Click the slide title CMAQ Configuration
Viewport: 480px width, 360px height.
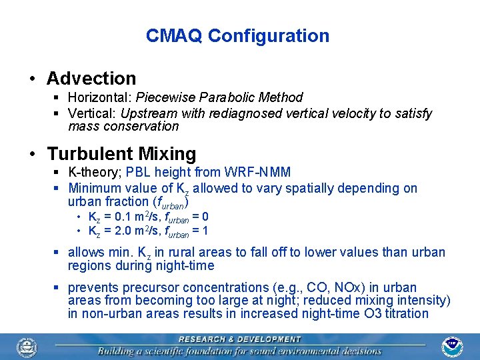(237, 36)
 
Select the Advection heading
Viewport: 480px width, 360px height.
(91, 79)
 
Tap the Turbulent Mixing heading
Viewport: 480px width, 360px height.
(121, 154)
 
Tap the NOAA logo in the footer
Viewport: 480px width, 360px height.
(453, 345)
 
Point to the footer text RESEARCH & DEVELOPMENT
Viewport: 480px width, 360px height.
(239, 339)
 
